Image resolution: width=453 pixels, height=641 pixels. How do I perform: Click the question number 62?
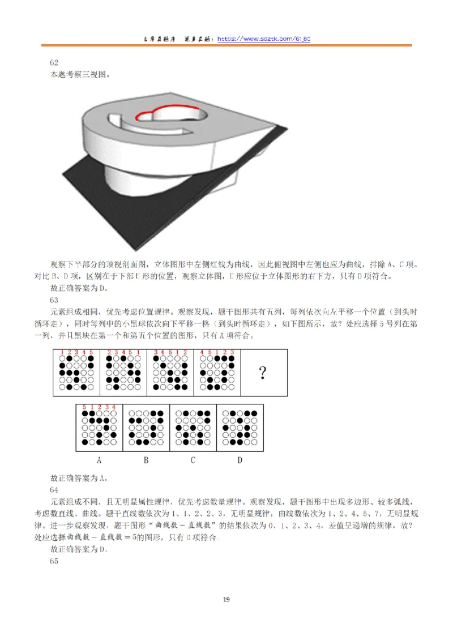coord(54,63)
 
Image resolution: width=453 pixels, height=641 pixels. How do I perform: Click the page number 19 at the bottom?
coord(226,600)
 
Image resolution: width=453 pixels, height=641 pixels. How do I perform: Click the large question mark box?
coord(263,373)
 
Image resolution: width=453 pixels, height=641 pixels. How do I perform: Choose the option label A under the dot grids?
coord(99,460)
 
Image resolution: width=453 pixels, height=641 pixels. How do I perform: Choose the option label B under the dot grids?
coord(146,460)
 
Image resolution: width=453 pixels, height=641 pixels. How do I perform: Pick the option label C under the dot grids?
coord(193,460)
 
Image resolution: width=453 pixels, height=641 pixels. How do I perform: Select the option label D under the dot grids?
coord(240,460)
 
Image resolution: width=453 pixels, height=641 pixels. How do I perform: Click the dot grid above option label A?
coord(99,429)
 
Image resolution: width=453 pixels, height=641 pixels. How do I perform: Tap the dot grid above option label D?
coord(240,429)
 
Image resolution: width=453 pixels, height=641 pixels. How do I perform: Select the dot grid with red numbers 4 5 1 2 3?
coord(217,372)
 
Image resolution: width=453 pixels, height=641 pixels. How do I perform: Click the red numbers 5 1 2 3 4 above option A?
coord(99,407)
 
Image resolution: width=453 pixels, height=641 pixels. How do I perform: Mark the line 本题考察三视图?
coord(80,74)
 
